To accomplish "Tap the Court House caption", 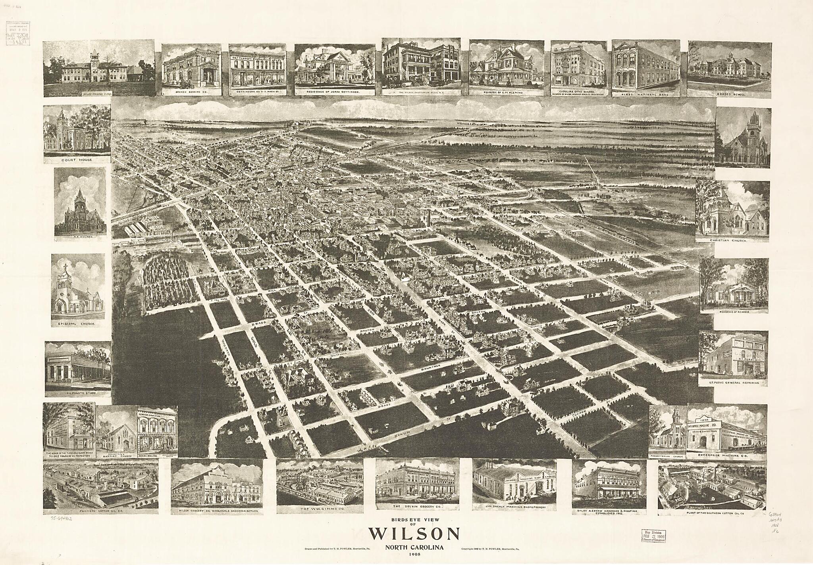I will click(77, 160).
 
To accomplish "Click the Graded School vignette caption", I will click(729, 95).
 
